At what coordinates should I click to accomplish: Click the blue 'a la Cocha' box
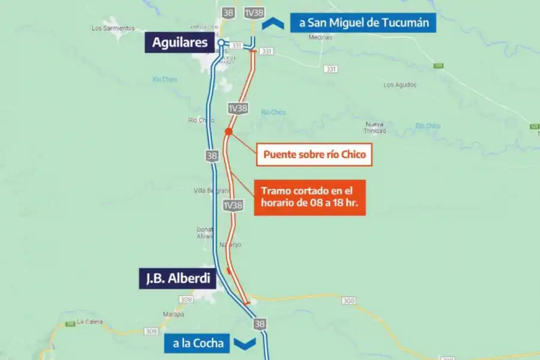(x=198, y=343)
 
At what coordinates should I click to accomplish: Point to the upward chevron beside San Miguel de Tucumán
(x=273, y=23)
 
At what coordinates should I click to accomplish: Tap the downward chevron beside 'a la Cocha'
(x=246, y=343)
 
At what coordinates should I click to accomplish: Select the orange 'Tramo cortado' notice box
(x=310, y=197)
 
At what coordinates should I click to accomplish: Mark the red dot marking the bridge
(x=229, y=131)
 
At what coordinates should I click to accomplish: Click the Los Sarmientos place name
(x=113, y=28)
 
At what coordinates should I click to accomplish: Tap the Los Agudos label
(x=400, y=85)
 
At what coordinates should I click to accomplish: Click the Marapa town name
(x=173, y=314)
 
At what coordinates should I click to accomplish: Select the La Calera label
(x=90, y=322)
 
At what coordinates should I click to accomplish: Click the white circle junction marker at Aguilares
(x=221, y=43)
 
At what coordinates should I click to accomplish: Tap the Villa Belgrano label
(x=208, y=190)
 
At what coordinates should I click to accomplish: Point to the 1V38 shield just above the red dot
(x=238, y=109)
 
